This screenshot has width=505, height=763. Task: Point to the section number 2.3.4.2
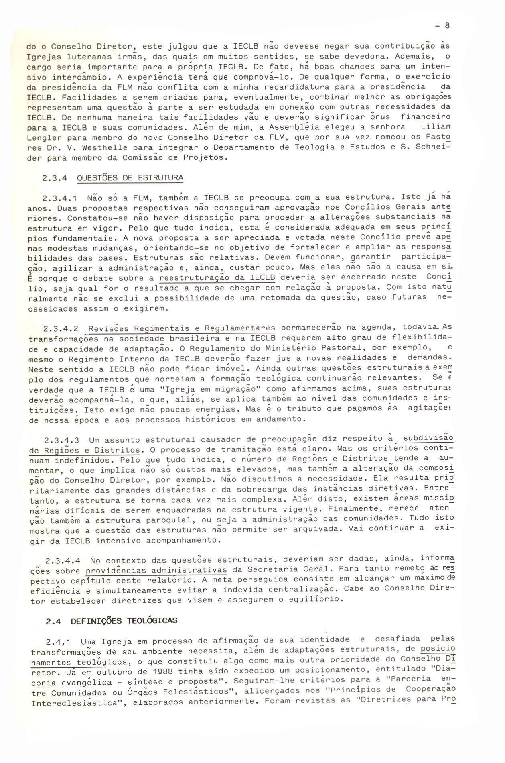61,329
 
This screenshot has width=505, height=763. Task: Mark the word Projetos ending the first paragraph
207,157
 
